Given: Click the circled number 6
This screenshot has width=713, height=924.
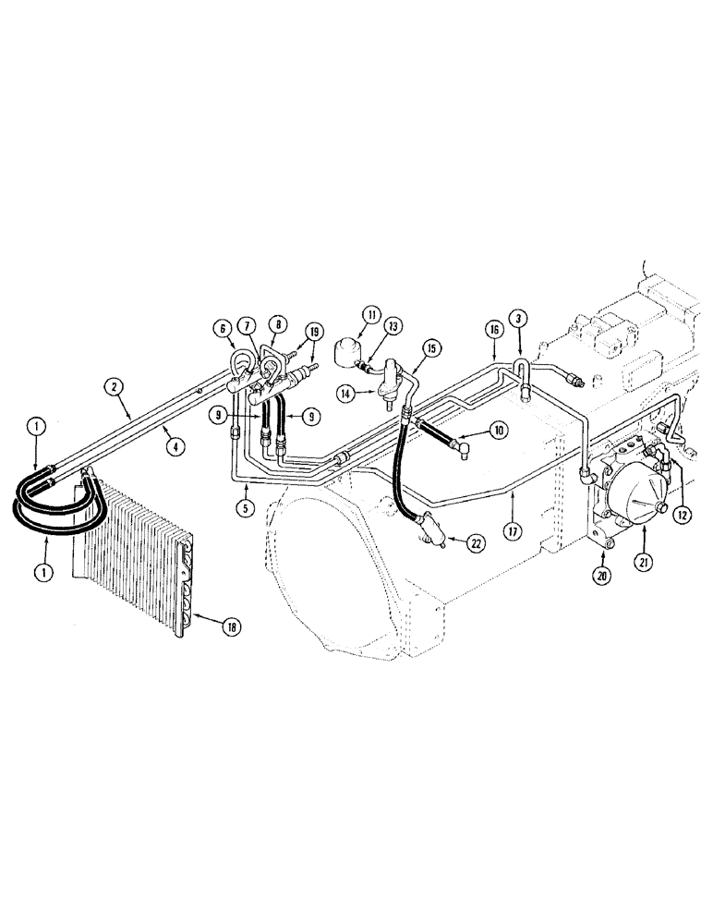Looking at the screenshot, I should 222,326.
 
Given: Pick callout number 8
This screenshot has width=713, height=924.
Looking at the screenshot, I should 276,325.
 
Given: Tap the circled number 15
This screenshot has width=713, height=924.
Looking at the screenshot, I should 429,347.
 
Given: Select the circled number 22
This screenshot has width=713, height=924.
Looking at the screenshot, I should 474,543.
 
